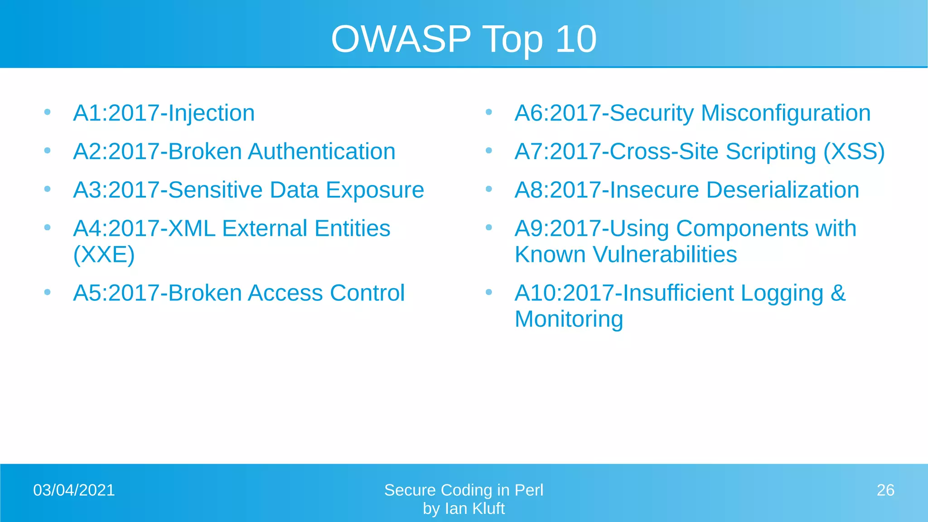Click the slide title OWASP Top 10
tap(464, 39)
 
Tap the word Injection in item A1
tap(211, 113)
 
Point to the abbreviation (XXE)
tap(104, 255)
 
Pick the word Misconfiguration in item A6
tap(785, 113)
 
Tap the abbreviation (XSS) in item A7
tap(854, 152)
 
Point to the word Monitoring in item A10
tap(569, 319)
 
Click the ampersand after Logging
tap(838, 293)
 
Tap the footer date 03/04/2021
tap(74, 490)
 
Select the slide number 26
tap(885, 490)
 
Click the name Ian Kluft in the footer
tap(475, 509)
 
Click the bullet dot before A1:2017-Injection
tap(47, 112)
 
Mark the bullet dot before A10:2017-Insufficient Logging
tap(488, 292)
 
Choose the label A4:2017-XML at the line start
tap(144, 228)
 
